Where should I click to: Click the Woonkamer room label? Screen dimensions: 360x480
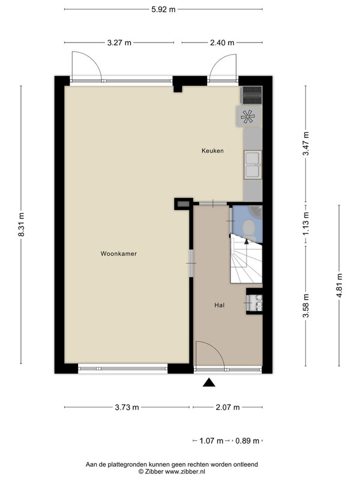click(118, 254)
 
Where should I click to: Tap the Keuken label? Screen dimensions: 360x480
click(212, 151)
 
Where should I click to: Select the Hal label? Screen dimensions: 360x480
click(220, 305)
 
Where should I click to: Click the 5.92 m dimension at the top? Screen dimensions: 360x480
click(163, 10)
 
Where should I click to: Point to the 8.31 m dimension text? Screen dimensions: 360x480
click(22, 224)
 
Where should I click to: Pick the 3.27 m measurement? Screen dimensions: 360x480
click(119, 43)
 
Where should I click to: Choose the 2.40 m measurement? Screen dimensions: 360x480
click(222, 43)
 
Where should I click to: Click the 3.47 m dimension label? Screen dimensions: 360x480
click(306, 143)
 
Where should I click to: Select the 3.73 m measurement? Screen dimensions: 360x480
click(127, 407)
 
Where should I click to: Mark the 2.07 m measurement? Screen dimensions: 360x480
click(227, 407)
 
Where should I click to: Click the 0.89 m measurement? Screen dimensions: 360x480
click(247, 441)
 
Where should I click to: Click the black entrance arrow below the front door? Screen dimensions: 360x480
click(209, 383)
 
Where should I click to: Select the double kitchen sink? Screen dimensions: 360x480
click(253, 164)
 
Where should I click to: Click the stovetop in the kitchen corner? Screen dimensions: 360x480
click(251, 95)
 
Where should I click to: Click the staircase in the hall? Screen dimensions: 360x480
click(247, 260)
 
